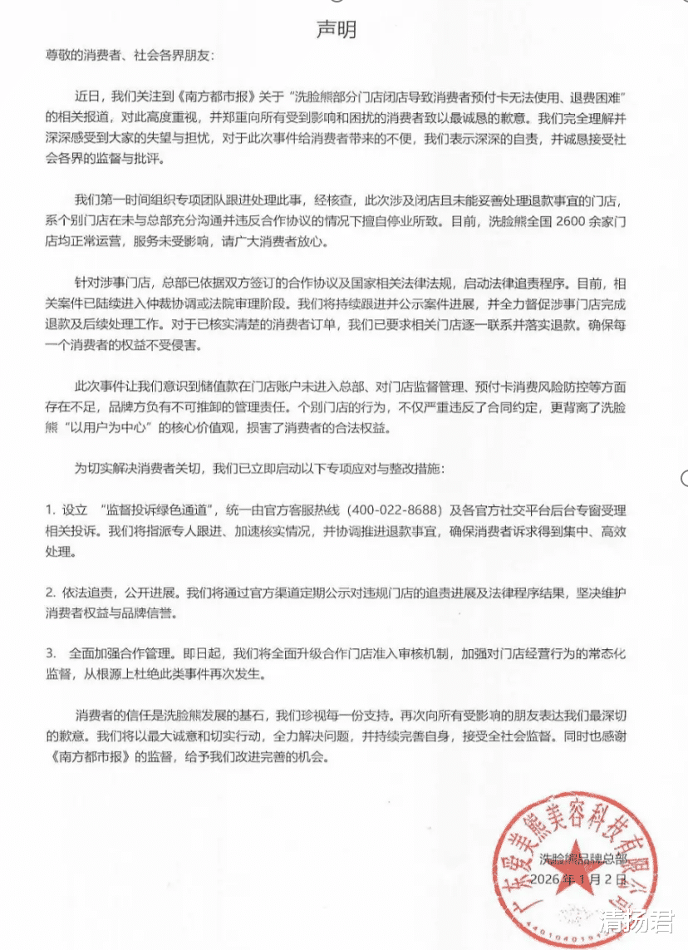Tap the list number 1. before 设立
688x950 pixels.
pos(51,509)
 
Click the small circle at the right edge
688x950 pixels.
pos(684,477)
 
